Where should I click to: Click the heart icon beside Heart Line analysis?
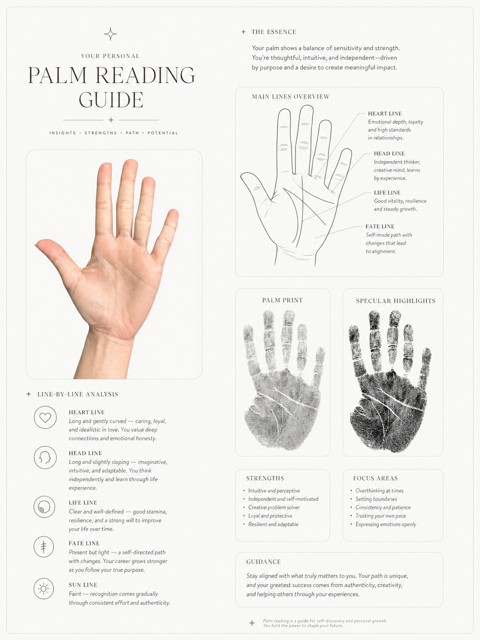tap(45, 417)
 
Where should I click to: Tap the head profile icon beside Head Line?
tap(45, 457)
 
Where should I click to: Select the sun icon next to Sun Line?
tap(44, 588)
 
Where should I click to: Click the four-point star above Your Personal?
tap(110, 34)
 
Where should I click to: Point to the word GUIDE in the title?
tap(111, 100)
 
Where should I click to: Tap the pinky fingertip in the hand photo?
tap(172, 214)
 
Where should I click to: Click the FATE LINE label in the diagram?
tap(379, 226)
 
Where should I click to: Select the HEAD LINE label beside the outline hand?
tap(389, 153)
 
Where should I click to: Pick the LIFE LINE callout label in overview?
tap(387, 192)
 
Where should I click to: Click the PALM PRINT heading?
tap(282, 300)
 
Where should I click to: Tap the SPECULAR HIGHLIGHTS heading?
tap(395, 301)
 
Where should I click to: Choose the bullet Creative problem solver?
tap(274, 507)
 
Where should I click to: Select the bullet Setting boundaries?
tap(376, 499)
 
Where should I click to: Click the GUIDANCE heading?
tap(263, 562)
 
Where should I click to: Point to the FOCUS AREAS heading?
tap(375, 478)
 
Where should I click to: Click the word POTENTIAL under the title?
tap(162, 133)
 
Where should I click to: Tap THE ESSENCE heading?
tap(273, 32)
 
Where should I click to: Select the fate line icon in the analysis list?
tap(44, 547)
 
